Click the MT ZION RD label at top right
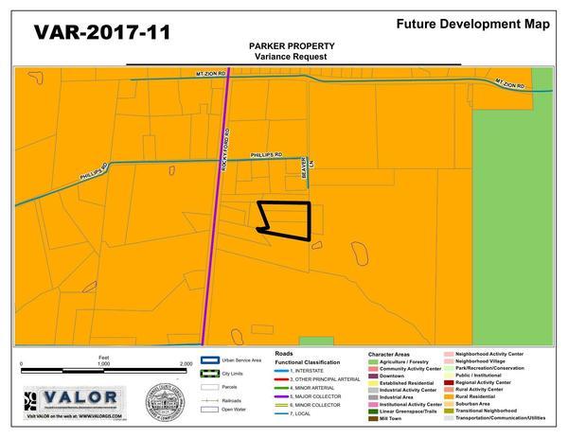[507, 86]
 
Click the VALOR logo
[75, 398]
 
